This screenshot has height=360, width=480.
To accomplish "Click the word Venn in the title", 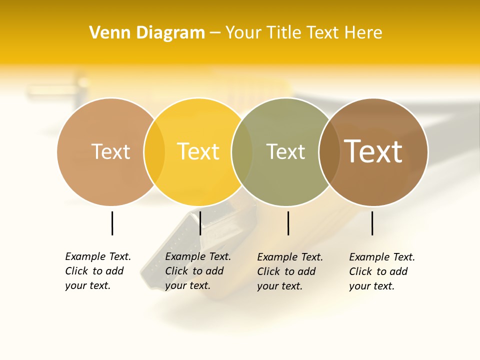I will click(x=105, y=32).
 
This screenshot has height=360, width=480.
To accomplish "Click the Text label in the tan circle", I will click(x=110, y=151).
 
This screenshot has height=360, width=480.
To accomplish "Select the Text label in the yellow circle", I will click(x=198, y=151).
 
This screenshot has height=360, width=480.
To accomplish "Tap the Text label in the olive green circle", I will click(x=285, y=151).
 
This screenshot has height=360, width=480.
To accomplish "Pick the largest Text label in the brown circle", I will click(x=373, y=151).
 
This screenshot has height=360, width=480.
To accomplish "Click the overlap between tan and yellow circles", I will click(x=154, y=151).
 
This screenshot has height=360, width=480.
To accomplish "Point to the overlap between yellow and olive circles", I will click(x=242, y=151).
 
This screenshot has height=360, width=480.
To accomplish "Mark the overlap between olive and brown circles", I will click(x=329, y=151).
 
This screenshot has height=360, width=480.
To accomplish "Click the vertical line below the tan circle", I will click(x=112, y=223).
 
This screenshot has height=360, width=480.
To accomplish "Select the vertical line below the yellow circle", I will click(x=200, y=223).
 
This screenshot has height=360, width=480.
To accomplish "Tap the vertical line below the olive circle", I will click(x=288, y=223).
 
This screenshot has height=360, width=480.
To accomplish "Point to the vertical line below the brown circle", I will click(x=372, y=223).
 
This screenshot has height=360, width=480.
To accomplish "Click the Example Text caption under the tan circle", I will click(x=98, y=271).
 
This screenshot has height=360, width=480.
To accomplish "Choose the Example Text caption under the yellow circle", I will click(x=198, y=271).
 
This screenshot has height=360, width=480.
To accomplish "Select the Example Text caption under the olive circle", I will click(x=290, y=271).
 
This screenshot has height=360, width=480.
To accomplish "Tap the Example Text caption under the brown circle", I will click(x=382, y=271).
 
